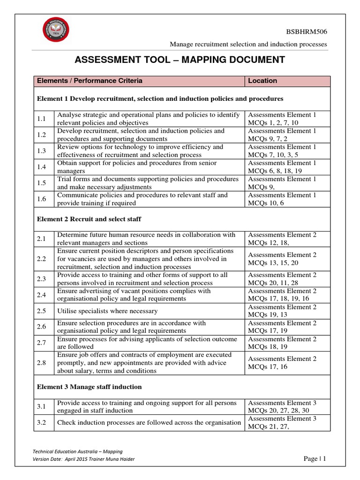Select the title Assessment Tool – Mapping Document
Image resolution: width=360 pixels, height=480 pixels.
point(180,60)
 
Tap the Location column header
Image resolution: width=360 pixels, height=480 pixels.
point(262,81)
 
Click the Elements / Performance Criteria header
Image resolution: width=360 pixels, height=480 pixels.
point(90,81)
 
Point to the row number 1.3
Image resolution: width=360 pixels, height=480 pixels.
point(41,150)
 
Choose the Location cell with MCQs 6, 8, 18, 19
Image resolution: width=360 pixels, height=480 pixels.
point(282,167)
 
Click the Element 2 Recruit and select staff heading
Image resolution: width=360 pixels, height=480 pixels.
point(89,219)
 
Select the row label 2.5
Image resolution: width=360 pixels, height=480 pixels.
point(41,311)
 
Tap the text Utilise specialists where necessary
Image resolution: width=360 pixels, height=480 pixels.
point(107,311)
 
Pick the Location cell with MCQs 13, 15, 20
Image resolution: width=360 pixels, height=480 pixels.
point(282,259)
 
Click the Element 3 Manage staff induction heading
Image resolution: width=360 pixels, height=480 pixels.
point(89,387)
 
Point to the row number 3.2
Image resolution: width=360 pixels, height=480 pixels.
point(41,422)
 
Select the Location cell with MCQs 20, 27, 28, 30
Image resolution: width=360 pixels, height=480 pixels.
point(282,406)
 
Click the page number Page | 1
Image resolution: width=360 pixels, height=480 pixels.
point(314,459)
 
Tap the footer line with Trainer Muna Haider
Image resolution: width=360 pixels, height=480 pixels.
point(83,459)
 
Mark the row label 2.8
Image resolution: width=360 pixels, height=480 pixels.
point(41,363)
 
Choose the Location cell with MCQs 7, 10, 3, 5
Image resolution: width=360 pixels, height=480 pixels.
point(282,150)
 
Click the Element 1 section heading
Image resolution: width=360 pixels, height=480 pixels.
point(160,99)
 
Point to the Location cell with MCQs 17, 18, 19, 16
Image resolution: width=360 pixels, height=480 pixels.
point(282,294)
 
